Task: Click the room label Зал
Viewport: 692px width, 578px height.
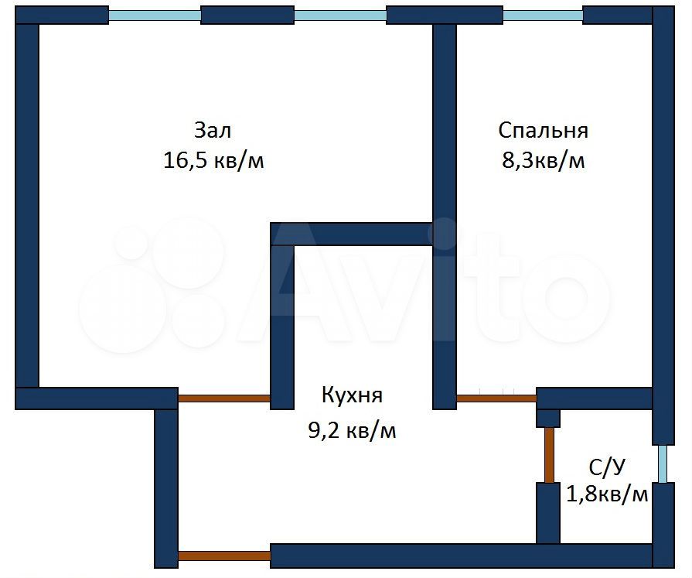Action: coord(213,129)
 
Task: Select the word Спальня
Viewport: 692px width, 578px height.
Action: coord(543,129)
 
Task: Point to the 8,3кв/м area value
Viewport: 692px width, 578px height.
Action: coord(543,161)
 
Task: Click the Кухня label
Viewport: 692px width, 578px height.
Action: coord(352,395)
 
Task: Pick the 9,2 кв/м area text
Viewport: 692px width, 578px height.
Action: coord(352,430)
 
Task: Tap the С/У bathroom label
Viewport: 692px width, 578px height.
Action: coord(607,467)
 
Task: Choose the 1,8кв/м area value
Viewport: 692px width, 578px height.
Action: coord(607,494)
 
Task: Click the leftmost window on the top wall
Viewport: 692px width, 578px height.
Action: coord(155,15)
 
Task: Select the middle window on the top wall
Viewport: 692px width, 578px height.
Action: coord(340,15)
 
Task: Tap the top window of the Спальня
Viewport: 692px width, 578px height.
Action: coord(543,15)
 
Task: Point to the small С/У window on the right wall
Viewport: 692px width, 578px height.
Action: coord(663,464)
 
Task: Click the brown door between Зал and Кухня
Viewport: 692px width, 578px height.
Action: coord(224,398)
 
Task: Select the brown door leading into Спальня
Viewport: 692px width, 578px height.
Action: coord(496,398)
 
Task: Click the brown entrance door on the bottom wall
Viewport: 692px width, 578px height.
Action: coord(224,556)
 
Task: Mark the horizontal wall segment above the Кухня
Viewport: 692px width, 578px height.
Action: coord(352,234)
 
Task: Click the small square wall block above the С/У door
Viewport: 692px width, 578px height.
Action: coord(548,418)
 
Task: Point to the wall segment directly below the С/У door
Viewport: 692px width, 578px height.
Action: coord(548,513)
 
